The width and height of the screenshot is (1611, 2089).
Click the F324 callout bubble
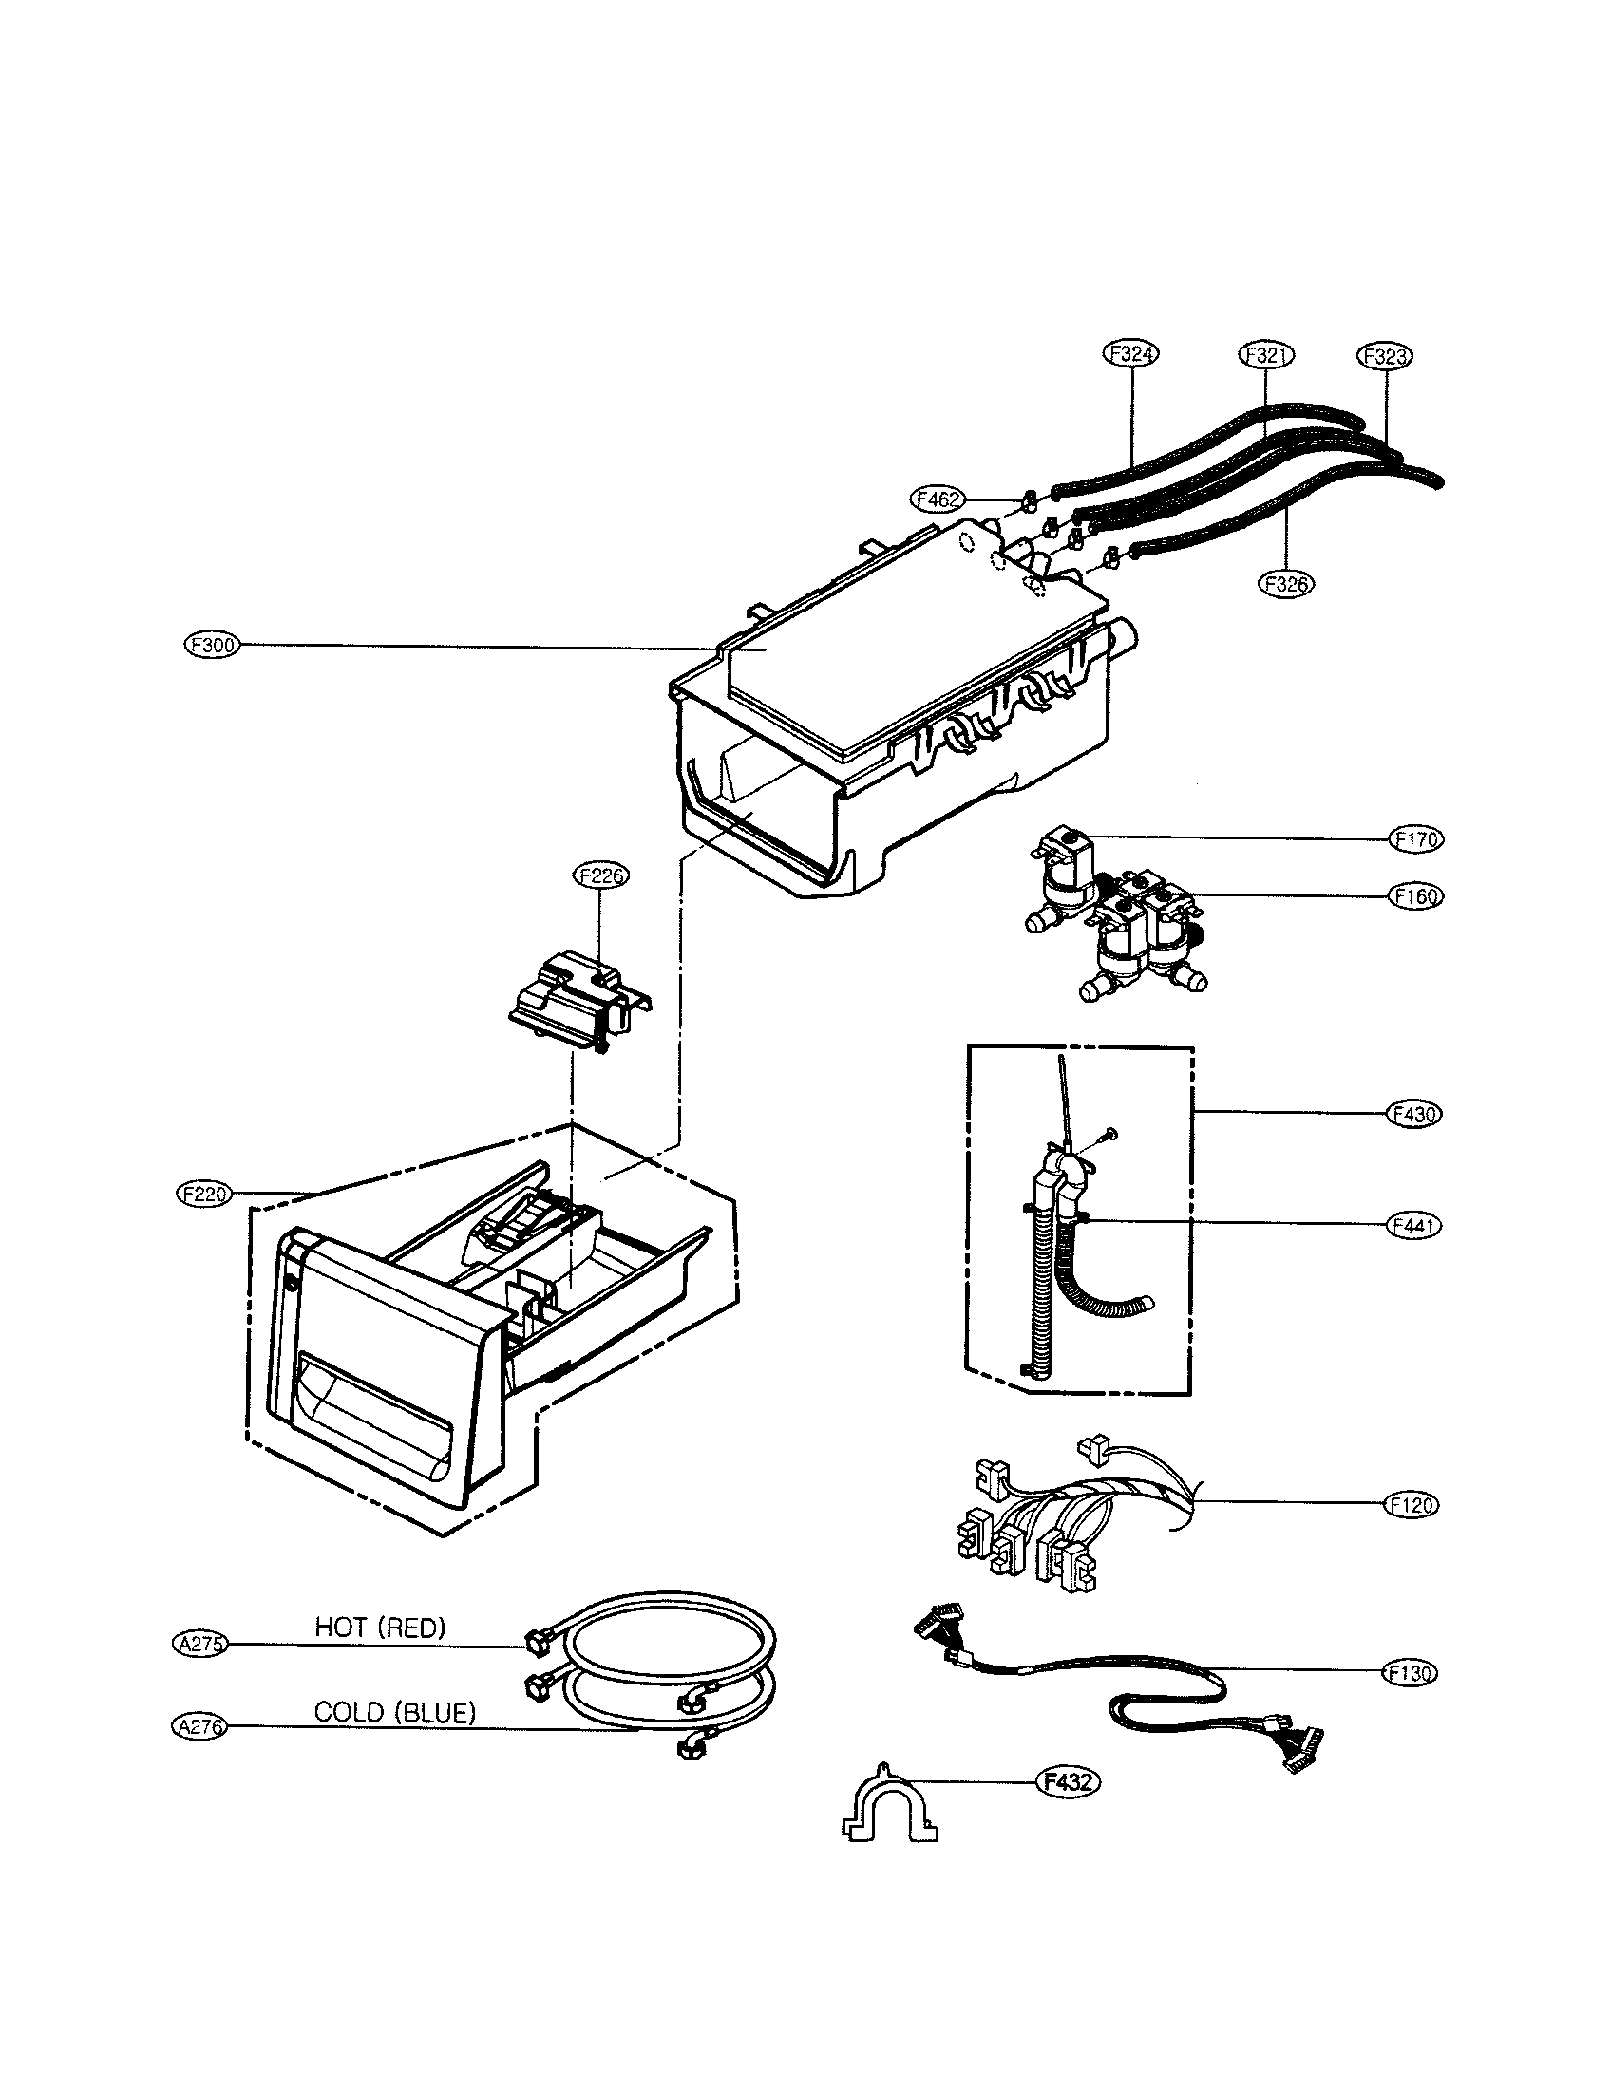(1131, 354)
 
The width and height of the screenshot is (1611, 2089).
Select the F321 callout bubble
(1265, 355)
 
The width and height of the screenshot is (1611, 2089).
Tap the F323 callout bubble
(1384, 357)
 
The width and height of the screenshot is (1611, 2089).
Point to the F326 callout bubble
(1287, 583)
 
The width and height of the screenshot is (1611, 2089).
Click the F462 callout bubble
(938, 499)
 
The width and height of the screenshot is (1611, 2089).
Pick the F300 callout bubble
(212, 645)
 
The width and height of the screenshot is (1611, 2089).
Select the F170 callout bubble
(1416, 838)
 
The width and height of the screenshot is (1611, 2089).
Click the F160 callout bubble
(1416, 896)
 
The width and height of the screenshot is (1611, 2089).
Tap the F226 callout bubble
(599, 875)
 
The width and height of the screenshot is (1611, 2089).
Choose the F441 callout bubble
(1413, 1225)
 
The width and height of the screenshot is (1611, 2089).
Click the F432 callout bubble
(1068, 1782)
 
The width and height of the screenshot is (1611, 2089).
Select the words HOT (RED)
(381, 1627)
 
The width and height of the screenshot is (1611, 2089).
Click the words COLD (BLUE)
(394, 1713)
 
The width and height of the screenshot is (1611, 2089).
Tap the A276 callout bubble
(198, 1726)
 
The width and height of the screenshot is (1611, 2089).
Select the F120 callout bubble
(1412, 1505)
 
